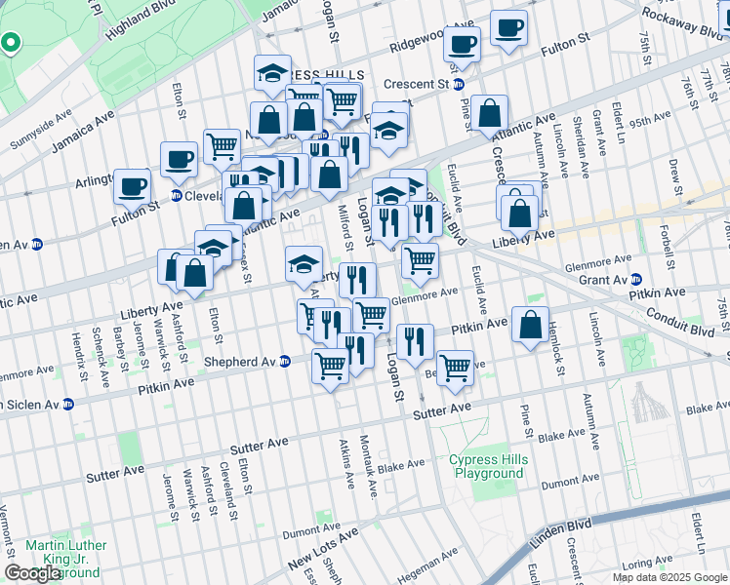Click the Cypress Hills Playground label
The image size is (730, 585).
pyautogui.click(x=487, y=466)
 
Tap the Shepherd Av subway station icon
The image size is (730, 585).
pyautogui.click(x=285, y=361)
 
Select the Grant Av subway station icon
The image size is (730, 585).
pyautogui.click(x=635, y=280)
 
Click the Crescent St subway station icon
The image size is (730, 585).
pyautogui.click(x=470, y=84)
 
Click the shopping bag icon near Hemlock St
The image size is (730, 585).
pyautogui.click(x=529, y=327)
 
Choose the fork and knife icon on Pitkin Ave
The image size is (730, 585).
pyautogui.click(x=415, y=340)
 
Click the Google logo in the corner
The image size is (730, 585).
pyautogui.click(x=32, y=573)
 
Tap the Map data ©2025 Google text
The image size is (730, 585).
pyautogui.click(x=669, y=577)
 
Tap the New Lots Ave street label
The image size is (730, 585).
pyautogui.click(x=323, y=548)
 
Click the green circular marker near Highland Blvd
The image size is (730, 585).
pyautogui.click(x=10, y=43)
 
